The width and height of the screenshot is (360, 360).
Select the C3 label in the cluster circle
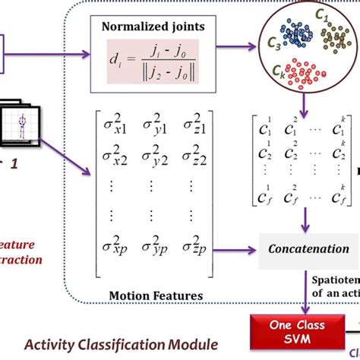tap(272, 47)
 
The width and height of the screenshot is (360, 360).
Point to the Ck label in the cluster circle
tap(281, 71)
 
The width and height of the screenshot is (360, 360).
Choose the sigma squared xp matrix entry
tap(115, 247)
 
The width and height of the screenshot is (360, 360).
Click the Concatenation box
tap(308, 249)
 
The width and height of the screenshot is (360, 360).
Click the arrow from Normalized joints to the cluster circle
tap(231, 44)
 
